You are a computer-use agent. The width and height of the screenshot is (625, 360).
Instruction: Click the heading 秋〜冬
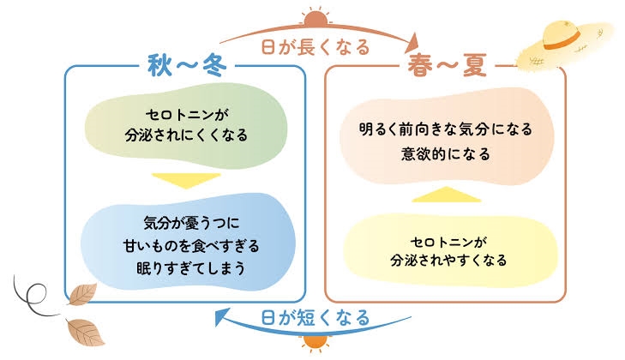pos(185,67)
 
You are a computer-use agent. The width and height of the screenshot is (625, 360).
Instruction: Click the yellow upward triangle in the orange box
pos(446,194)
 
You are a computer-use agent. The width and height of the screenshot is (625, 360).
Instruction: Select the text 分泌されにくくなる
pos(185,135)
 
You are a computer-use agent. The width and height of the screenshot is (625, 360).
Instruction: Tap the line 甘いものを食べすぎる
pos(185,247)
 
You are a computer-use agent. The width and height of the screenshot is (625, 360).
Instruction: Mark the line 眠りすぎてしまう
pos(185,267)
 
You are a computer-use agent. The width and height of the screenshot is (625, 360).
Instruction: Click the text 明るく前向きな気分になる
pos(446,130)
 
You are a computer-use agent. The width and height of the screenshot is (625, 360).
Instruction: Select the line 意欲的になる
pos(446,155)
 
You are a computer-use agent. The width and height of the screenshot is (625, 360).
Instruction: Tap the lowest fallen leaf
pos(85,331)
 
